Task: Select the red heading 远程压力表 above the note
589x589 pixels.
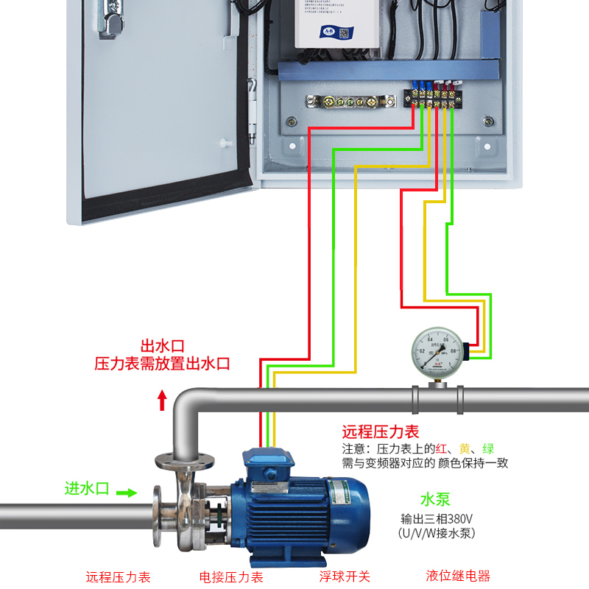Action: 380,432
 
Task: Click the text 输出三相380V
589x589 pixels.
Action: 437,518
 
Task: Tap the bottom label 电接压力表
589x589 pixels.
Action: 231,576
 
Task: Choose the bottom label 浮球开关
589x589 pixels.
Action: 345,576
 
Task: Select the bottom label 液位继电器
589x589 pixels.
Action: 458,576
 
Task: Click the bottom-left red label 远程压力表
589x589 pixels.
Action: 119,576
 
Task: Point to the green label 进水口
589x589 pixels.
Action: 87,488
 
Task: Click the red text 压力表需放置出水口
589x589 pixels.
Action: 162,363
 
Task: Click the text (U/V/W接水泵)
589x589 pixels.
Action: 437,533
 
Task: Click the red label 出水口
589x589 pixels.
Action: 162,345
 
